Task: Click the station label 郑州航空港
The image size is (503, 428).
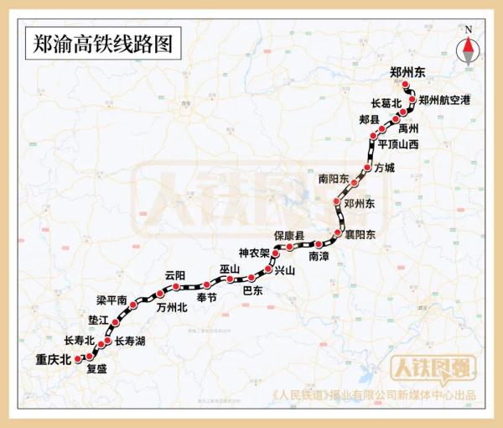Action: [x=444, y=100]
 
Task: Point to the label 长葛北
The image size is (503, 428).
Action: [x=386, y=103]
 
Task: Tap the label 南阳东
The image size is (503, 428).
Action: [x=333, y=178]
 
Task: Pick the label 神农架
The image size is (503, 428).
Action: [x=254, y=253]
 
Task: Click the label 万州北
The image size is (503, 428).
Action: [x=171, y=307]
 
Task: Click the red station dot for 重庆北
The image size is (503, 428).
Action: [x=79, y=358]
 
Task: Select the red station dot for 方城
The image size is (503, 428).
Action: [x=367, y=168]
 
